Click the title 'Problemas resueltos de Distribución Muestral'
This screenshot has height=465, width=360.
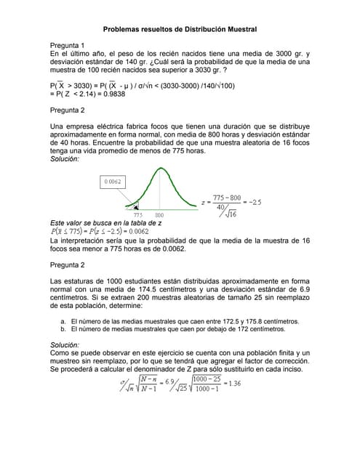coord(180,29)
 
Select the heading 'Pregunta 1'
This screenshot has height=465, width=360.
coord(67,45)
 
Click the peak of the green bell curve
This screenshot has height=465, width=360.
coord(159,169)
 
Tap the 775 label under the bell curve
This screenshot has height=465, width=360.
coord(137,215)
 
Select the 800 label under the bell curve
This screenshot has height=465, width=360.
coord(159,215)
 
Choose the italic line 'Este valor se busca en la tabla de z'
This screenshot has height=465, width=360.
coord(105,222)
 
